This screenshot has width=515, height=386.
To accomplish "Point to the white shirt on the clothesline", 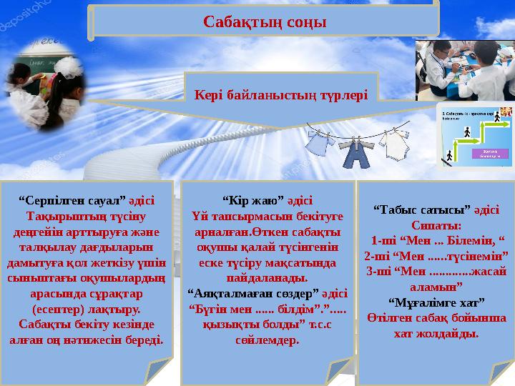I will [x=394, y=144].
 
